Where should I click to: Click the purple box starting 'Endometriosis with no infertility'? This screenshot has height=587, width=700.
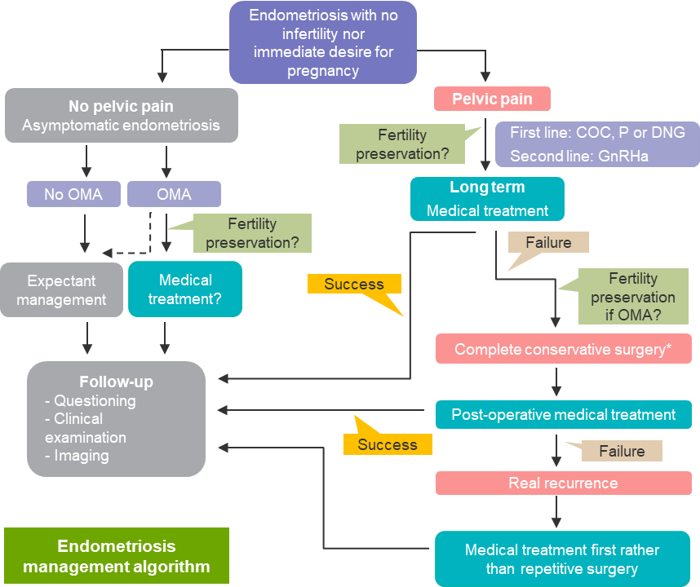coord(323,42)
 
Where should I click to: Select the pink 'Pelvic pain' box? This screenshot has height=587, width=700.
coord(492,99)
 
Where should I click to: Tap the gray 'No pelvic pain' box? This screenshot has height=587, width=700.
coord(121,116)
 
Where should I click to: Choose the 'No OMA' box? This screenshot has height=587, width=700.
coord(73,194)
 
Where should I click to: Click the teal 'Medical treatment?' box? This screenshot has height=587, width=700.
coord(185,289)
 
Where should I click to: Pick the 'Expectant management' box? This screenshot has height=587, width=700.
coord(61,289)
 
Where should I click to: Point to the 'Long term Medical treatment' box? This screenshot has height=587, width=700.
coord(487,199)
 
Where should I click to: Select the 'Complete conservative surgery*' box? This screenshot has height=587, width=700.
coord(564,349)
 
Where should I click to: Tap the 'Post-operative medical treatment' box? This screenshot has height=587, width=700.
coord(564,414)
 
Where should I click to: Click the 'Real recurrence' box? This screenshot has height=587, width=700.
coord(564,483)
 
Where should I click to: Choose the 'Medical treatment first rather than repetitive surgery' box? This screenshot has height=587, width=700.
coord(562,558)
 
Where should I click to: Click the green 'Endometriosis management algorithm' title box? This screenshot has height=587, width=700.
coord(117,556)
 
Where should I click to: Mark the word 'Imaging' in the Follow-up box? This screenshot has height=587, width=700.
coord(81,456)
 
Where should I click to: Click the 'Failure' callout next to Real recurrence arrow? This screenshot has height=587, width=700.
coord(621,451)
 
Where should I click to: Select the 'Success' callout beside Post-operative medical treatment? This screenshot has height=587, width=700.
coord(387,444)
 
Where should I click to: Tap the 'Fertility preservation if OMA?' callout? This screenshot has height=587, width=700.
coord(632,297)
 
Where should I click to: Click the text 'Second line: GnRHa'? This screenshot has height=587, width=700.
coord(578,156)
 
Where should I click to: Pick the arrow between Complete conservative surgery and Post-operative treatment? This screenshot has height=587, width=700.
coord(556,381)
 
